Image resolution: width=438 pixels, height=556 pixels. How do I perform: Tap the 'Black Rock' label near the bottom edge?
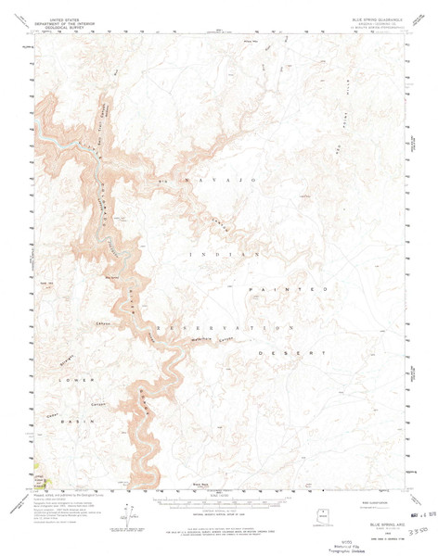coord(197,483)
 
